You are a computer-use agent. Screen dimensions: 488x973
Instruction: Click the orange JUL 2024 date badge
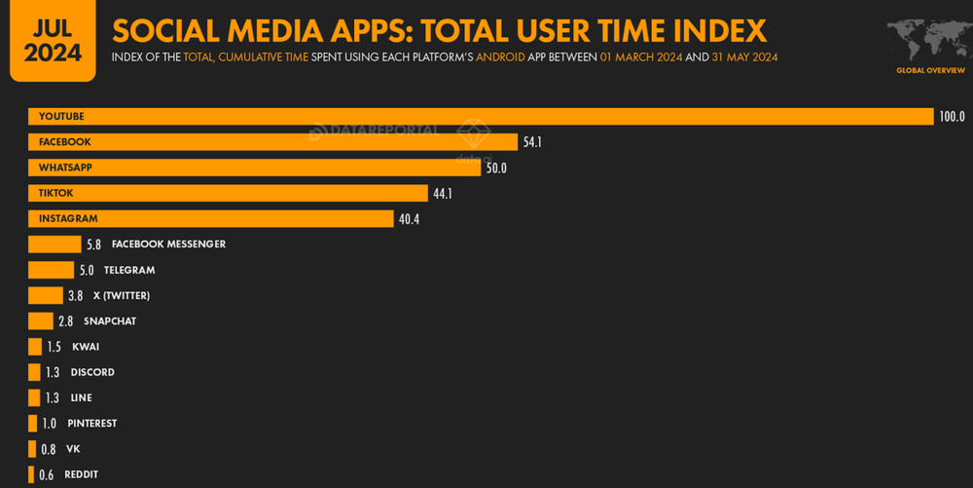(x=53, y=41)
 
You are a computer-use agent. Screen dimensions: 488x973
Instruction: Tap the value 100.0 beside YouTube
(x=952, y=117)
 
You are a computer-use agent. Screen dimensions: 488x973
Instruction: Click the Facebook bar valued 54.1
(x=272, y=142)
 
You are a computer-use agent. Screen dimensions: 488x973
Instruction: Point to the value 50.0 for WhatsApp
(x=496, y=169)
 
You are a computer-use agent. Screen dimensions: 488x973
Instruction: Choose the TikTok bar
(x=228, y=194)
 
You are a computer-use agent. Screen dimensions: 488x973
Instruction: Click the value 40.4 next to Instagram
(x=409, y=219)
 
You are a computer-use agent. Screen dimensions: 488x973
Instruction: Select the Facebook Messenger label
(x=168, y=244)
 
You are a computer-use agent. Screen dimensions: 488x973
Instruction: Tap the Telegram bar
(x=51, y=270)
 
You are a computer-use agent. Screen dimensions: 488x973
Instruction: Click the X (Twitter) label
(x=121, y=296)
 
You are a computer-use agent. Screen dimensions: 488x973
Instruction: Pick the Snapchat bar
(x=41, y=321)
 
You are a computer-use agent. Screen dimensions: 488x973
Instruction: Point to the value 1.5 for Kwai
(x=54, y=347)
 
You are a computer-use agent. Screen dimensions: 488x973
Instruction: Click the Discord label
(x=92, y=372)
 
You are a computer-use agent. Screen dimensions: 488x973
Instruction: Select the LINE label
(x=82, y=398)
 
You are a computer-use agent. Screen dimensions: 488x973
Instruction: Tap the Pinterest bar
(x=33, y=424)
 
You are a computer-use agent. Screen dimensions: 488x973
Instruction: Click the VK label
(x=73, y=449)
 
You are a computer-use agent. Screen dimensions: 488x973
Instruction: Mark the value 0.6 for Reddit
(x=47, y=474)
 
